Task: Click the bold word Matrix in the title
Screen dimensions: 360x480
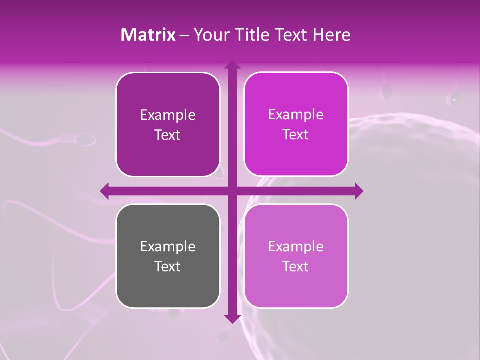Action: (x=148, y=35)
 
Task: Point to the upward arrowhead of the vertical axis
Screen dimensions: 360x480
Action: (x=232, y=65)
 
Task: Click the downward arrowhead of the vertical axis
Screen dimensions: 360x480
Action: (x=232, y=318)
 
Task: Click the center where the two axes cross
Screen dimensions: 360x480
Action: (x=232, y=191)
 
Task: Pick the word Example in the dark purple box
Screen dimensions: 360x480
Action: (x=168, y=115)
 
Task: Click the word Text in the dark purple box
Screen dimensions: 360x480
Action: (x=168, y=135)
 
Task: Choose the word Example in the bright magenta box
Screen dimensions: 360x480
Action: (x=296, y=115)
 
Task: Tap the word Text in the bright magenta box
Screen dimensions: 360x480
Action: (x=296, y=134)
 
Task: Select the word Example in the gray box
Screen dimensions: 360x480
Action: (x=168, y=247)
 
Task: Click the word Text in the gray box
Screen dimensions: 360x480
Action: (x=168, y=266)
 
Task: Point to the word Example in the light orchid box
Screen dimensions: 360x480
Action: (x=296, y=247)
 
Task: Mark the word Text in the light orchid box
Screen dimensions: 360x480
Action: (x=296, y=266)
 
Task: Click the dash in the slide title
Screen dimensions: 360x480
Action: (x=185, y=35)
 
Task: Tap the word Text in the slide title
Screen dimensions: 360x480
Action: (x=294, y=35)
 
